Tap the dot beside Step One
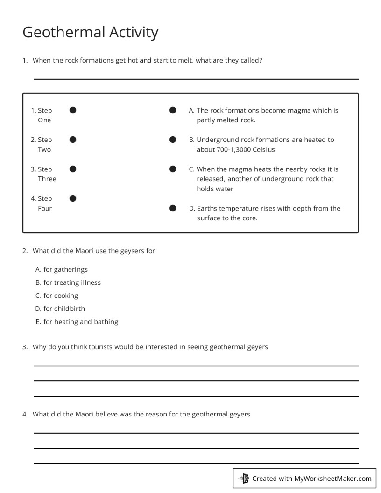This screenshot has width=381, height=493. coord(73,110)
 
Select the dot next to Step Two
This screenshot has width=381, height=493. coord(73,140)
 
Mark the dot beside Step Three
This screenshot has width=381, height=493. coord(73,169)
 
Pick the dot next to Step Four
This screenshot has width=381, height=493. coord(73,198)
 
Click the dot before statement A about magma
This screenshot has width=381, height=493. coord(173,110)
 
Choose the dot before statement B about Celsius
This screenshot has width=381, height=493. coord(173,140)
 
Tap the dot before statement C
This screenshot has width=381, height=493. coord(173,169)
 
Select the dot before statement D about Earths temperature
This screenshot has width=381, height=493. coord(173,208)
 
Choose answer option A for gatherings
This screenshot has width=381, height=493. coord(62,269)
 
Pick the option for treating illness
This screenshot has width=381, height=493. coord(68,282)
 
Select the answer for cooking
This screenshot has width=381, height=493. coord(57,296)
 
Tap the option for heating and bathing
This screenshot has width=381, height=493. coord(77,322)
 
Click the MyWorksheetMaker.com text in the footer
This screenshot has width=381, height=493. coord(332,479)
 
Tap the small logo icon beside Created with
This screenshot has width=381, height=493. coord(244,479)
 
